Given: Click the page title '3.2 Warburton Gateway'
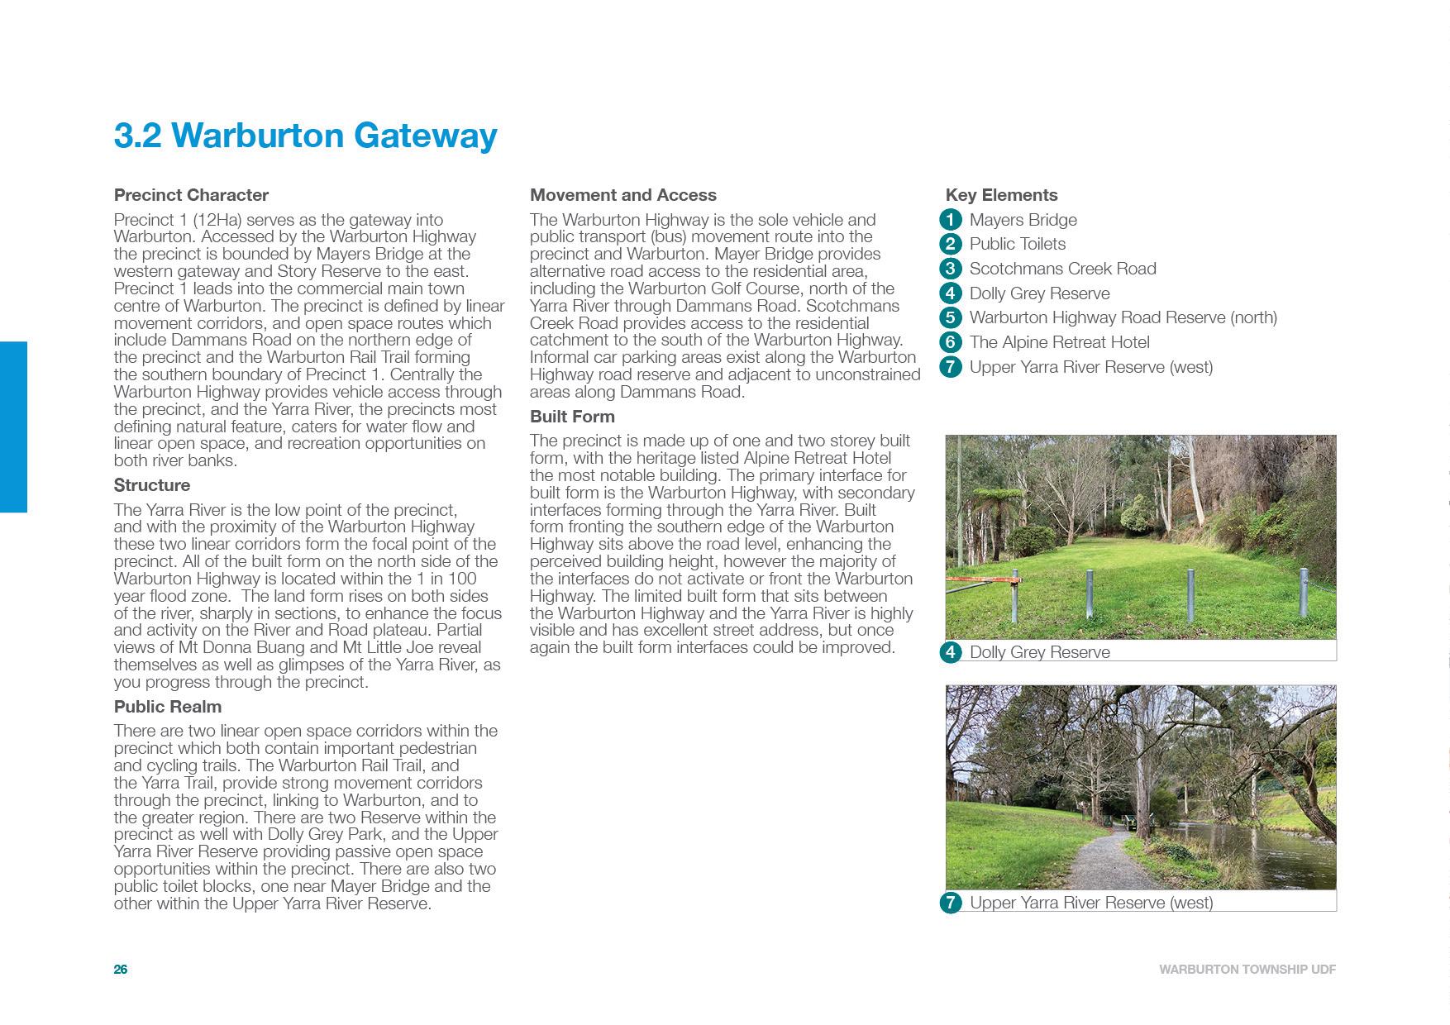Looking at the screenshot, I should [x=305, y=136].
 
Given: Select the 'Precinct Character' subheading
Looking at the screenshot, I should [x=191, y=195].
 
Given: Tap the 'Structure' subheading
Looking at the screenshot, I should [x=152, y=485].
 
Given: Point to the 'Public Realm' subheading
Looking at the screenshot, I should [x=168, y=707].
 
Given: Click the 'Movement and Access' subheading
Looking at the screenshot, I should [x=623, y=195].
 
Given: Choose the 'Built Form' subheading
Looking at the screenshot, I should [x=572, y=417].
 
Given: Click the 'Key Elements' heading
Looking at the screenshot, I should [x=1001, y=195].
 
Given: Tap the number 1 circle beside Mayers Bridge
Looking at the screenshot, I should [x=951, y=220].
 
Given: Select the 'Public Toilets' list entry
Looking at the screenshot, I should [x=1017, y=244].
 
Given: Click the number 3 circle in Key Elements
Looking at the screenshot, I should [x=951, y=269].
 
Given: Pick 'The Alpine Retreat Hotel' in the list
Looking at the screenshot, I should [x=1059, y=342].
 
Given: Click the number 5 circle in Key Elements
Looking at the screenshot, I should [x=951, y=317].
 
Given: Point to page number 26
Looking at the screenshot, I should [x=121, y=970].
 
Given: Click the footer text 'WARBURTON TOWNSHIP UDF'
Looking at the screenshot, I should [x=1247, y=970].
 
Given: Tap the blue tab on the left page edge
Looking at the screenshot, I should [x=13, y=427].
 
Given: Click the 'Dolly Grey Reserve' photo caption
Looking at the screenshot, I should [x=1039, y=652].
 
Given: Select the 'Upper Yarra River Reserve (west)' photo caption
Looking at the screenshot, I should [x=1090, y=903].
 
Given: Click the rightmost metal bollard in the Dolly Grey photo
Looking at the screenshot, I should [x=1304, y=591].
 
